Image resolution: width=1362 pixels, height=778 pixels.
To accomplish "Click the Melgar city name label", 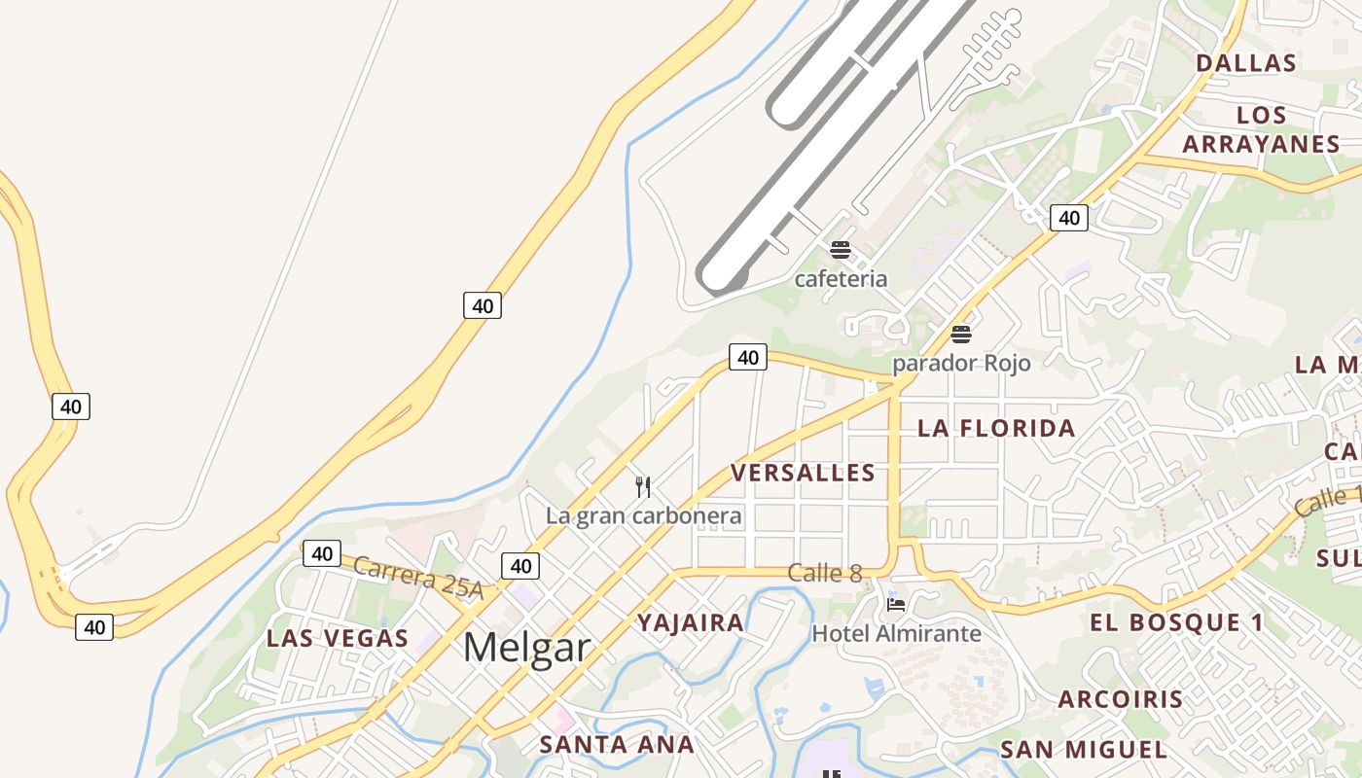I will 526,647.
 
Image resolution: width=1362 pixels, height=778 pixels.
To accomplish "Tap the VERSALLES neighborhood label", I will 803,473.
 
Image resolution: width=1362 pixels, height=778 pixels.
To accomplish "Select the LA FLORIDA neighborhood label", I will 996,428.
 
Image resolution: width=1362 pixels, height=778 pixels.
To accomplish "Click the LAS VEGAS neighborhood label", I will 338,639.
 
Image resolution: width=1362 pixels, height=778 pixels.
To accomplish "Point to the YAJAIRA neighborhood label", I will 691,622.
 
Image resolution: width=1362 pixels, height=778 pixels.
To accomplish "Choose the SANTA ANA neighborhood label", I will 617,745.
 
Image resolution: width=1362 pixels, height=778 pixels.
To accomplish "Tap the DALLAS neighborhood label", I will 1246,63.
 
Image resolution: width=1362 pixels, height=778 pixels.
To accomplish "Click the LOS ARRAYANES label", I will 1262,129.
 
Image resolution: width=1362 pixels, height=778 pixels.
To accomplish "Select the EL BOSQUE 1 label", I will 1176,622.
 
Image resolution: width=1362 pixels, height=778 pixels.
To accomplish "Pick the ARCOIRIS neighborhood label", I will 1121,699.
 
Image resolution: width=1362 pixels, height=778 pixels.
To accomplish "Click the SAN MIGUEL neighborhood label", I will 1084,750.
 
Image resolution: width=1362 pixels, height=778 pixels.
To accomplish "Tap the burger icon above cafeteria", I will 841,250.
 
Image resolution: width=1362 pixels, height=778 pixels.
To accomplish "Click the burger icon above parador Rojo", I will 961,335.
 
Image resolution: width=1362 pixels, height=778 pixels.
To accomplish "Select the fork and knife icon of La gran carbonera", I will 642,486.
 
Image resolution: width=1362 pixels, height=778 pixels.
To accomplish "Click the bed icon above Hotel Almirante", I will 896,604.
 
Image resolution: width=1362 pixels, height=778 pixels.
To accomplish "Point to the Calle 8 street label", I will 825,573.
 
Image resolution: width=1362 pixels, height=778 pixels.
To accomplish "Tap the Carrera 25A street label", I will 418,576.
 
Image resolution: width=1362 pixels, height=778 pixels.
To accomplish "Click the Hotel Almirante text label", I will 896,634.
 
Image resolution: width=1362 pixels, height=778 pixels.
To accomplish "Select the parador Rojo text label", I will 961,363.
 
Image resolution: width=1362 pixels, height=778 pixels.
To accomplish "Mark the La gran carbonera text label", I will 643,515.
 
